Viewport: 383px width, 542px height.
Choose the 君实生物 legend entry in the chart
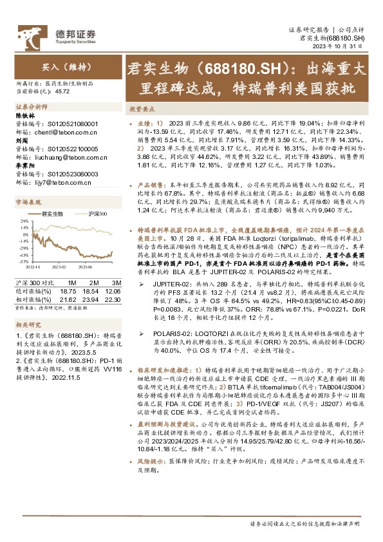(51, 213)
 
